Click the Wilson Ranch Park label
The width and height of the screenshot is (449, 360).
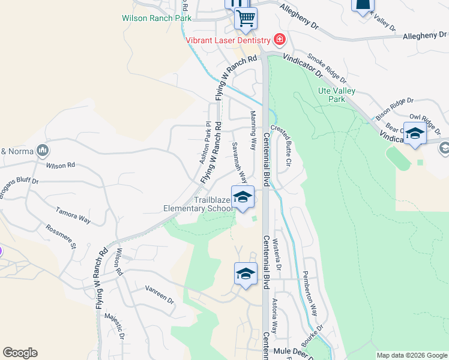[156, 18]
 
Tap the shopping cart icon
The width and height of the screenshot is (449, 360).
[246, 18]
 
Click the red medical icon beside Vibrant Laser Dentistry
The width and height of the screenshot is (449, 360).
[279, 40]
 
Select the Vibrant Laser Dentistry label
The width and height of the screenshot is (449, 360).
[228, 40]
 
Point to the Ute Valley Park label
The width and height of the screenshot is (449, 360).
[337, 95]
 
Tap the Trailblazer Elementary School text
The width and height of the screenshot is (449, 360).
[197, 205]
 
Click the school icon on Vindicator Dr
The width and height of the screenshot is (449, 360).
[415, 133]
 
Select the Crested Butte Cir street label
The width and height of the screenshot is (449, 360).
[282, 145]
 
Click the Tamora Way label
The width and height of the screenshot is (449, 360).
[73, 216]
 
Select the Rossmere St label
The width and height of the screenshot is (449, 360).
[61, 236]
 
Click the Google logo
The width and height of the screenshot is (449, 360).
[20, 353]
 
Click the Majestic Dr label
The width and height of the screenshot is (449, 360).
[114, 328]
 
